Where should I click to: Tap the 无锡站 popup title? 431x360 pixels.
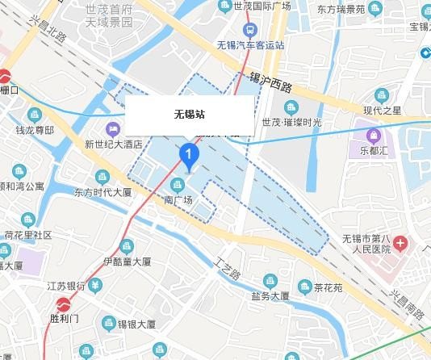coord(189,114)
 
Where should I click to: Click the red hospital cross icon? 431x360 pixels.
coord(401,242)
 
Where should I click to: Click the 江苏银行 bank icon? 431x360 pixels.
coord(95,285)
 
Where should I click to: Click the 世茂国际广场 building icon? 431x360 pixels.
coord(225,6)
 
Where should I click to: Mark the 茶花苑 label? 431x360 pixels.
coord(328,287)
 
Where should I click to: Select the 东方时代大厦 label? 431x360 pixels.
coord(103,193)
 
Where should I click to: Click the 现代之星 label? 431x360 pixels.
coord(382,110)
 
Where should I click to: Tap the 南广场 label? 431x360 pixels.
coord(179,199)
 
